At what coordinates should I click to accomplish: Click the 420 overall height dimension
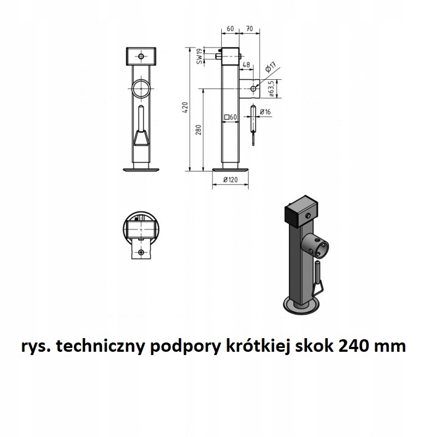click(x=185, y=109)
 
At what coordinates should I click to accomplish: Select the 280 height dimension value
click(x=199, y=130)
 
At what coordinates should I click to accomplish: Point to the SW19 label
click(x=199, y=56)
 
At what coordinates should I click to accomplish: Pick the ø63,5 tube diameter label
click(x=271, y=88)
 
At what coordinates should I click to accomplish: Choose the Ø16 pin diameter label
click(x=265, y=112)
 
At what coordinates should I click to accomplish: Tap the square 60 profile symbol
click(x=230, y=117)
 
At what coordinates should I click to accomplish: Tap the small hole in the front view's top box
click(x=141, y=56)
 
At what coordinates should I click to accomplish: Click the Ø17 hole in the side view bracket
click(x=253, y=88)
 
